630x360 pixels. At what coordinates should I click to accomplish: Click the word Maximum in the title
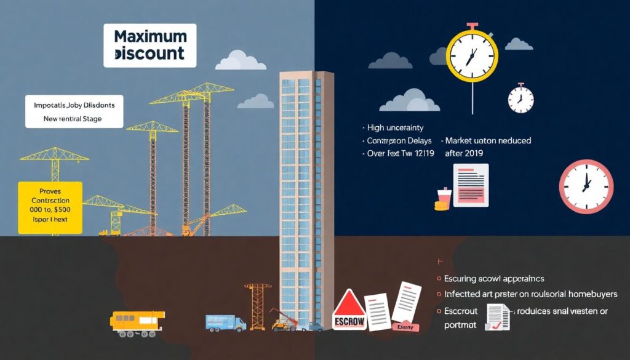tap(150, 37)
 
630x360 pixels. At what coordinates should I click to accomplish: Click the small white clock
tap(520, 99)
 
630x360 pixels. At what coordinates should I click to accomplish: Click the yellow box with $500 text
tap(50, 207)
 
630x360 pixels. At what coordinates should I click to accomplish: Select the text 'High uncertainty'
tap(395, 128)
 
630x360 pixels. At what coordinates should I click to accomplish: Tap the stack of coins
tap(442, 202)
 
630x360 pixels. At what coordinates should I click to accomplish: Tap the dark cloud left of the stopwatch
tap(390, 60)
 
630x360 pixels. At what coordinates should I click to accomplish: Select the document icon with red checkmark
tap(497, 316)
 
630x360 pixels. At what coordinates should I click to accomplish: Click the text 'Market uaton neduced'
tap(488, 140)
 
